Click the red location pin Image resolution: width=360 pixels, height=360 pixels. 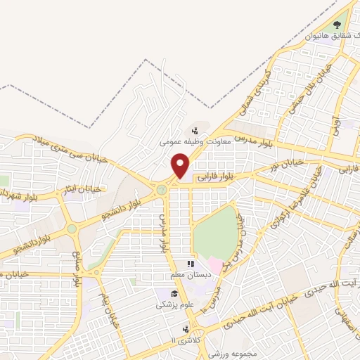point(181,166)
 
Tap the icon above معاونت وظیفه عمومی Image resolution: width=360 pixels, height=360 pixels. point(195,131)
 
